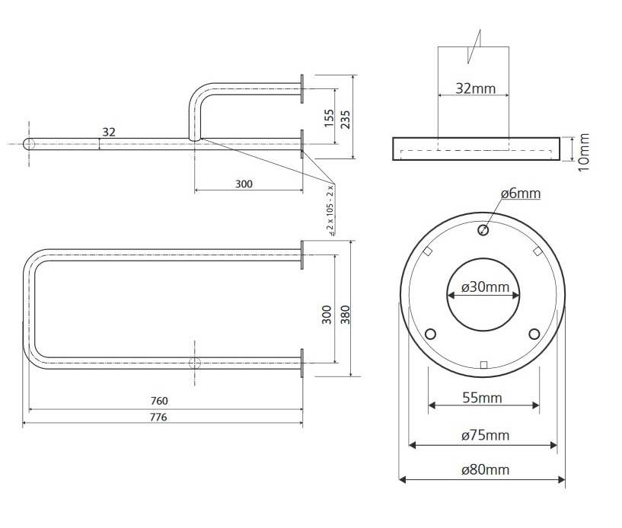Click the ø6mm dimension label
(x=521, y=194)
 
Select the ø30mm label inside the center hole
(x=484, y=287)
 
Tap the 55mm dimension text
(x=483, y=398)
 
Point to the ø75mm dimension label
(x=485, y=435)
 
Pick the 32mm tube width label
(x=474, y=88)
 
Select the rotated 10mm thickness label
(x=584, y=150)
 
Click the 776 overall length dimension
(x=158, y=417)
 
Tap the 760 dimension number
(x=158, y=401)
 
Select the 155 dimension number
(x=329, y=117)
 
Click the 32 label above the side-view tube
(x=109, y=132)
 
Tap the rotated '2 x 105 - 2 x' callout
(x=330, y=208)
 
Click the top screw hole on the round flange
(x=483, y=230)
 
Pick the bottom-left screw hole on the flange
(x=430, y=334)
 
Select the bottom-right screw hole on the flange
(x=534, y=334)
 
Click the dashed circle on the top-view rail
(x=194, y=361)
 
